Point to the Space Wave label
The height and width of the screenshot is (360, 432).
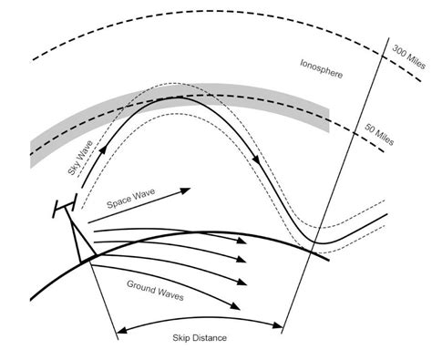pos(129,205)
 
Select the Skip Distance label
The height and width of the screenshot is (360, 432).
pos(200,337)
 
